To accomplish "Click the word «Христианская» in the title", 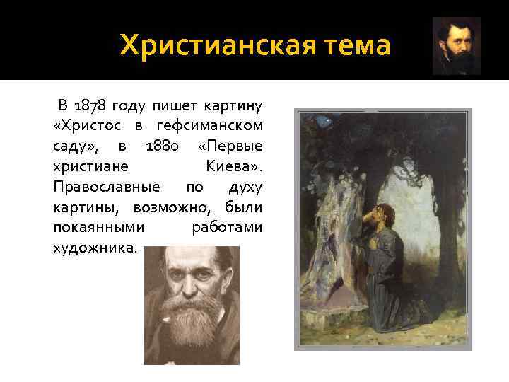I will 210,46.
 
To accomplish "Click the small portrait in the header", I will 456,46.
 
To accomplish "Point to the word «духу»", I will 245,188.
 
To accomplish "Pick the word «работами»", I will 227,228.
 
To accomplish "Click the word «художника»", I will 93,249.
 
